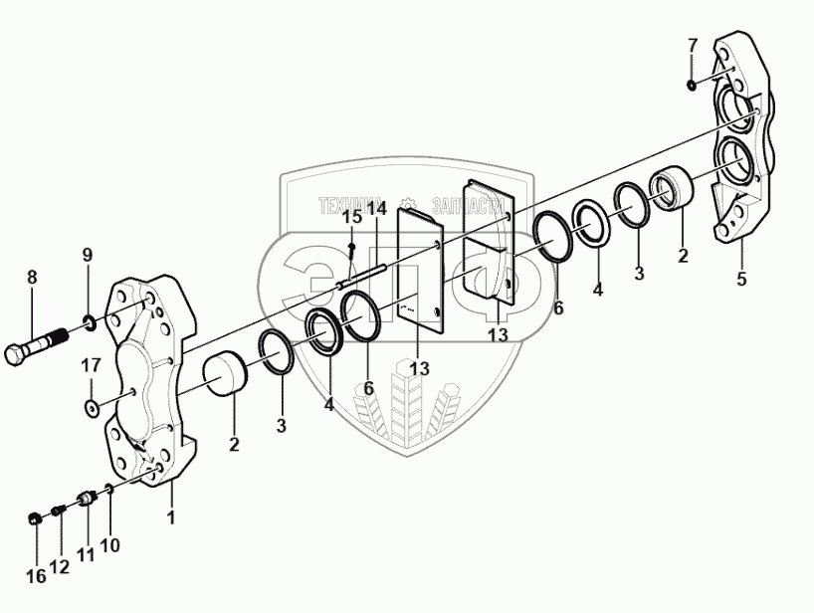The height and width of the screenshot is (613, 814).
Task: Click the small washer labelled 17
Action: tap(91, 406)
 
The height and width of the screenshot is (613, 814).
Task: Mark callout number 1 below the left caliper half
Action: tap(171, 517)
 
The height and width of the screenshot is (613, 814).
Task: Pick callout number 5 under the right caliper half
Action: tap(740, 280)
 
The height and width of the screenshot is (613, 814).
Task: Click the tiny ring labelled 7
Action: tap(693, 85)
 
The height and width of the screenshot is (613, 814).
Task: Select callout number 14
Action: tap(376, 209)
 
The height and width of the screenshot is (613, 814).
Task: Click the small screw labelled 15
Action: tap(352, 246)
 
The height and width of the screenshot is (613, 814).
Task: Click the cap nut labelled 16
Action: tap(36, 518)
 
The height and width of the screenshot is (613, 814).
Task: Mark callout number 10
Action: tap(109, 544)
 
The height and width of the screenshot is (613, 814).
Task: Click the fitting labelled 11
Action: tap(86, 497)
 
